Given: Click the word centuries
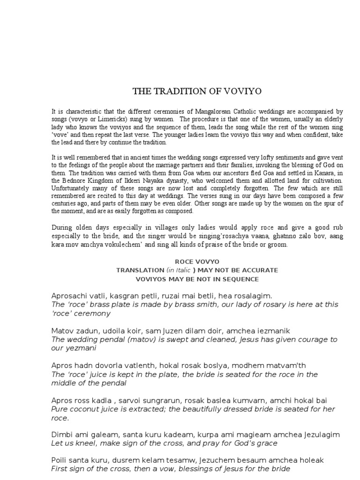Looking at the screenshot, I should pyautogui.click(x=64, y=203).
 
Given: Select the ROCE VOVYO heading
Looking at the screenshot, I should pyautogui.click(x=197, y=262).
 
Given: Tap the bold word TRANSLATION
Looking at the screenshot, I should pyautogui.click(x=140, y=270).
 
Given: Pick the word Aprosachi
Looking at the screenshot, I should pyautogui.click(x=69, y=296).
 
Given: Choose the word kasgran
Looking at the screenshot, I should pyautogui.click(x=120, y=296).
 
